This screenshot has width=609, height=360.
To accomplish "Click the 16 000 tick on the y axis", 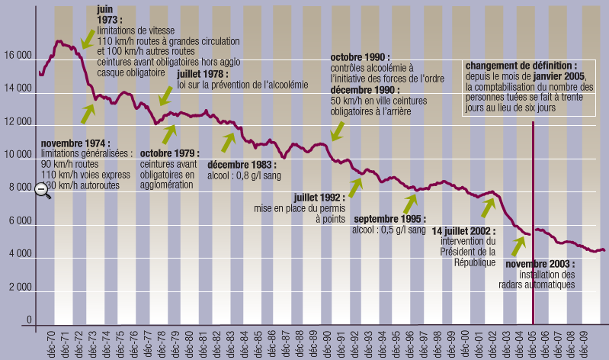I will coord(17,56).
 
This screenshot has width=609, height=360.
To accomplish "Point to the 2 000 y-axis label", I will coord(17,288).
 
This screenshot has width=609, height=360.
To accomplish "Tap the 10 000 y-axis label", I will coord(17,156).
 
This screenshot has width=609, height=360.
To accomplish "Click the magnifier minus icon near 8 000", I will coord(43,191).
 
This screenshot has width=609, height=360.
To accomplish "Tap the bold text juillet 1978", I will coord(204,74).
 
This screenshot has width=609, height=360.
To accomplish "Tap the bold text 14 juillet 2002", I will coord(463,230).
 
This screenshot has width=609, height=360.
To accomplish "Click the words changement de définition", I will coord(521,66).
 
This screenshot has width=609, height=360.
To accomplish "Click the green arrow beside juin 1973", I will coord(89,36).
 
